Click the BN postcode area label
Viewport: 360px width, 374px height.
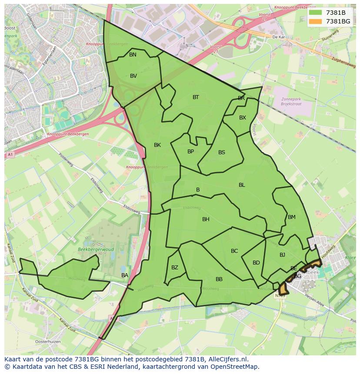(x=133, y=55)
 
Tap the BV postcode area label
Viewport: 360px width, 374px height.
(x=133, y=76)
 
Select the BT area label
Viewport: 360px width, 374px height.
(x=196, y=97)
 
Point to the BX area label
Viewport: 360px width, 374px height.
(x=243, y=118)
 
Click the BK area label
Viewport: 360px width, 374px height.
(x=157, y=145)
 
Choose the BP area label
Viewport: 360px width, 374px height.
(x=190, y=152)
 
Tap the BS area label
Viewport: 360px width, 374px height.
(x=222, y=152)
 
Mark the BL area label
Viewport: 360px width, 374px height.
(x=242, y=185)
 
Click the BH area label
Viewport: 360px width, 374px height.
(x=206, y=219)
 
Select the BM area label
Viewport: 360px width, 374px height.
(x=292, y=217)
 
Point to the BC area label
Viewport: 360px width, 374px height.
(x=234, y=251)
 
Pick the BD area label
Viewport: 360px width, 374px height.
(x=256, y=263)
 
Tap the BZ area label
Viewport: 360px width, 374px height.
(x=175, y=268)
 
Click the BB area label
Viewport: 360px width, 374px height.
(x=219, y=279)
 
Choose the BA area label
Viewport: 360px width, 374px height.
(x=125, y=275)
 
